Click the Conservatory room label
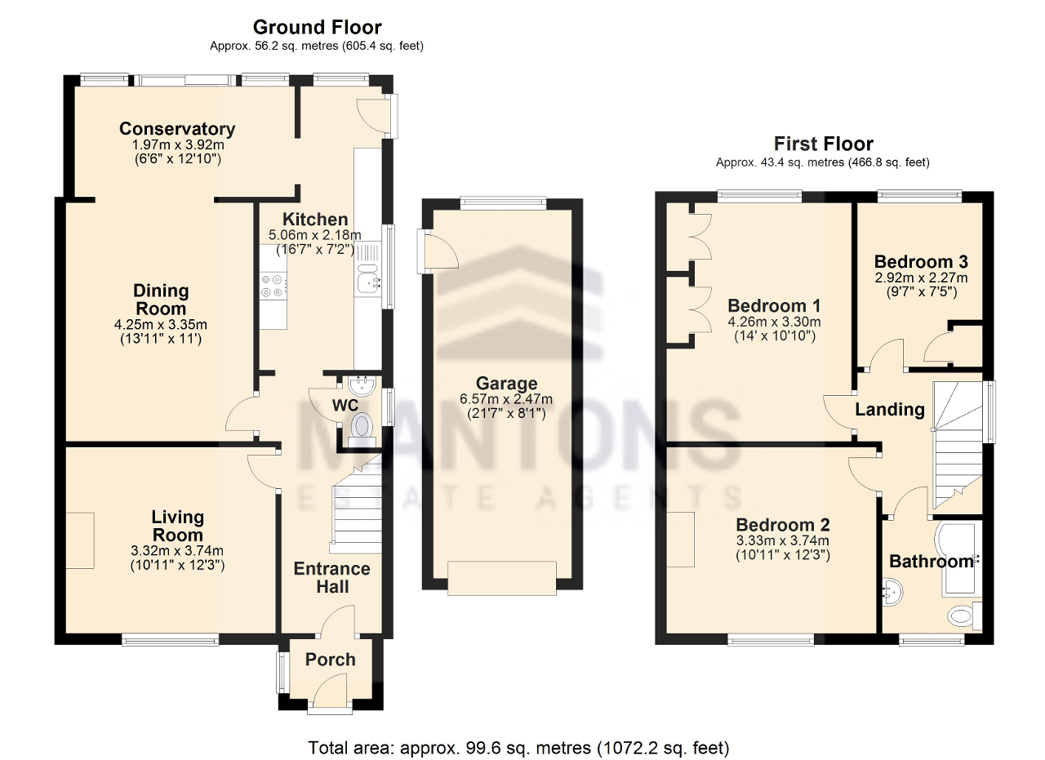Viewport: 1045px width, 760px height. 177,129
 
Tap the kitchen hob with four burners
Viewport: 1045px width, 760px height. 272,286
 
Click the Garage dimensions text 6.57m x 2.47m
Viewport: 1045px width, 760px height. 507,399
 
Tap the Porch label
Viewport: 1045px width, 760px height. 331,660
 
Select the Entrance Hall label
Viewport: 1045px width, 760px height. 331,577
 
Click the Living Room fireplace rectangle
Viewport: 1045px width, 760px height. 80,540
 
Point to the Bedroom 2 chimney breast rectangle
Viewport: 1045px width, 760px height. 680,539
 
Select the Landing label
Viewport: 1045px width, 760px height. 889,409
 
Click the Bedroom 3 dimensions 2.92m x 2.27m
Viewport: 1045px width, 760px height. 921,278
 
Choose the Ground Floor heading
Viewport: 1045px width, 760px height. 317,28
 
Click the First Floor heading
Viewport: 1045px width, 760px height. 823,144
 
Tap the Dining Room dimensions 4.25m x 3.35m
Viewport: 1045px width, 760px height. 161,324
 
